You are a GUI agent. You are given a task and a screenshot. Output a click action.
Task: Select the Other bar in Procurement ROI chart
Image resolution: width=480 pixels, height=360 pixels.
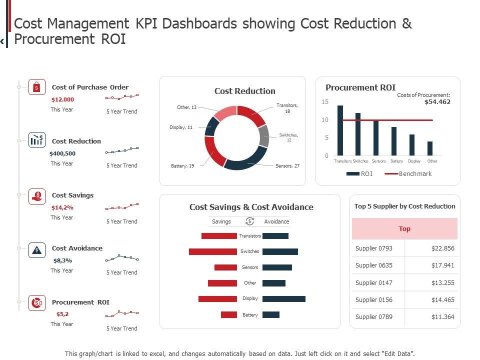click(430, 148)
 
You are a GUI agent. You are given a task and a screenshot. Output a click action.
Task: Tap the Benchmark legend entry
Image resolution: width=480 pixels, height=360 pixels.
click(415, 173)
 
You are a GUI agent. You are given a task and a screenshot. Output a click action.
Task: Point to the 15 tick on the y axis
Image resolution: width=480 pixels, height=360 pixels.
click(325, 102)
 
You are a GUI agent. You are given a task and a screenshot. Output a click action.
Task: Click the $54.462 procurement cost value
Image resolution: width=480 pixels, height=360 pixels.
click(437, 102)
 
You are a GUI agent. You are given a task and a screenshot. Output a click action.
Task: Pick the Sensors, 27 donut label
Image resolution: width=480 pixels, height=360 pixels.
click(287, 165)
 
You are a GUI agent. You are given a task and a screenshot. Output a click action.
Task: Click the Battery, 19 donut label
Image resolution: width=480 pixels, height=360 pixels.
click(182, 166)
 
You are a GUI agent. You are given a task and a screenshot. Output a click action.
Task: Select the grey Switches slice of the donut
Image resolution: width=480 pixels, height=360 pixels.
click(263, 135)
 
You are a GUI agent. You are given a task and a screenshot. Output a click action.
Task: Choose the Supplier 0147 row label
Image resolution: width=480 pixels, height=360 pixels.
click(374, 282)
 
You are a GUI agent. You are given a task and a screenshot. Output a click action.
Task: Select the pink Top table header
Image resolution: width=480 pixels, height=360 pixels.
click(404, 228)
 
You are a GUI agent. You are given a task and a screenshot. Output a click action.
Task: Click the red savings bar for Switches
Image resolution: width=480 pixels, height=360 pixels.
click(212, 251)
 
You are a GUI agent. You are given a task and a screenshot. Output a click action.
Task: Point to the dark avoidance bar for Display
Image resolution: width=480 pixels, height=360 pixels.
click(283, 299)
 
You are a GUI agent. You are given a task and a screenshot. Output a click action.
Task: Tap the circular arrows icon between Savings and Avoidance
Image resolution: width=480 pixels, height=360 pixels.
click(249, 221)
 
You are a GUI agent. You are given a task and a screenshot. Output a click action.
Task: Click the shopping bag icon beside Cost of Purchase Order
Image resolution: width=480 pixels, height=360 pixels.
click(36, 87)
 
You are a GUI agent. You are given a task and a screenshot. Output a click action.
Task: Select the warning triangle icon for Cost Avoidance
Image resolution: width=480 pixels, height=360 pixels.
click(36, 250)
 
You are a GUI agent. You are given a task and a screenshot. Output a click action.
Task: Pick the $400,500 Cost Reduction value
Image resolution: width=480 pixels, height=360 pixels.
click(62, 153)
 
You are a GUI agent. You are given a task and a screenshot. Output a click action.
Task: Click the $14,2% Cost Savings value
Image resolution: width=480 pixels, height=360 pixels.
click(62, 207)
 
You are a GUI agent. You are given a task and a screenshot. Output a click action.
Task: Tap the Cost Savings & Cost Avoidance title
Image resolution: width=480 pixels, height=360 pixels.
click(251, 207)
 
